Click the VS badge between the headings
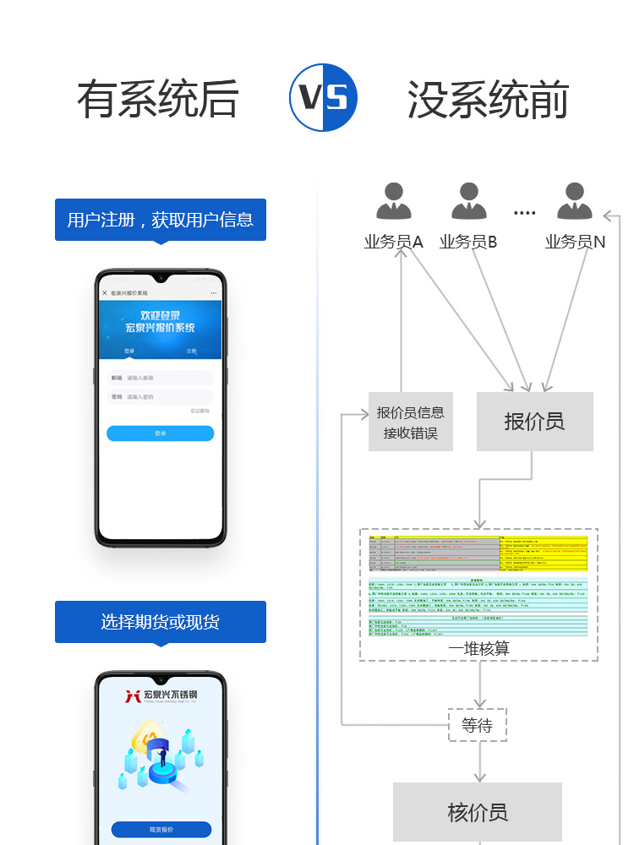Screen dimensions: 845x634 (323, 97)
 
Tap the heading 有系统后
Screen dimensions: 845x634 (157, 99)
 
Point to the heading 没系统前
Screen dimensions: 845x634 (488, 99)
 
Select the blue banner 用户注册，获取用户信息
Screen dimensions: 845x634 (161, 220)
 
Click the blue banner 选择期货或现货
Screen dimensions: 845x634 (161, 622)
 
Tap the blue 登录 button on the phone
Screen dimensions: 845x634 (161, 433)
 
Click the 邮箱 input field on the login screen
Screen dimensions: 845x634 (161, 378)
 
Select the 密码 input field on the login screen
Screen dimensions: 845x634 (161, 396)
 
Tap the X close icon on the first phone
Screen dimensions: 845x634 (105, 293)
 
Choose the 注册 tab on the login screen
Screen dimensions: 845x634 (192, 351)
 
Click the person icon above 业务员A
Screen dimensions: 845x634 (394, 203)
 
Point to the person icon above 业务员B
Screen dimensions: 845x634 (469, 203)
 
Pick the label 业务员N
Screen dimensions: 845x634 (575, 243)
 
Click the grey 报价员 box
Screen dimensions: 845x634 (534, 422)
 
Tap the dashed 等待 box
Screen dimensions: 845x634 (477, 724)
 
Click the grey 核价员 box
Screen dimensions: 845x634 (478, 812)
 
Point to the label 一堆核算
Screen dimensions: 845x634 (479, 649)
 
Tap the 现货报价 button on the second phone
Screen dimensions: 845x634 (161, 830)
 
